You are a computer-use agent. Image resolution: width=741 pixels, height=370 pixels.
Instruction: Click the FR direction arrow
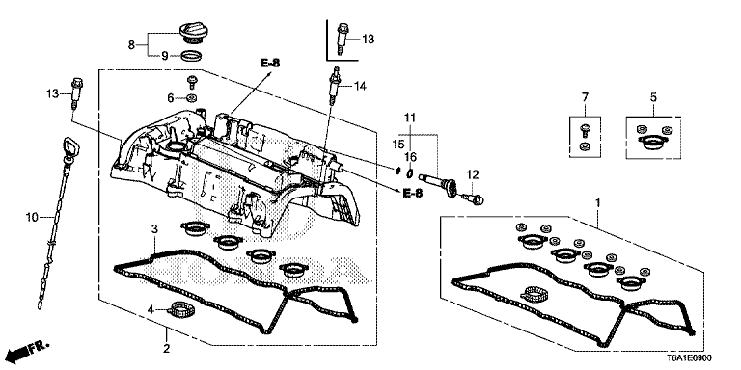(26, 347)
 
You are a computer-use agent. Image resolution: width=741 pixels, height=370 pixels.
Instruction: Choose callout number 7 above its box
(584, 97)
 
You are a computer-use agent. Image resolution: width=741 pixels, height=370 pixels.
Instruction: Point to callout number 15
(397, 144)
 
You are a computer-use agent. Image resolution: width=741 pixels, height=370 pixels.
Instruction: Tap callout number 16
(411, 155)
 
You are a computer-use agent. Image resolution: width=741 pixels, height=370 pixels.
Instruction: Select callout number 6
(170, 98)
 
